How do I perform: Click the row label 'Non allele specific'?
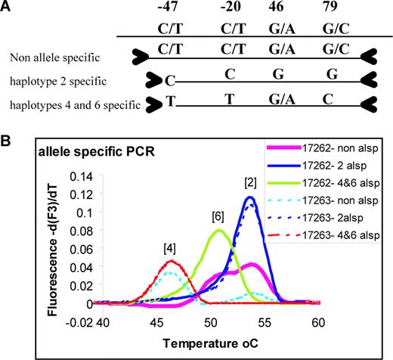pyautogui.click(x=54, y=57)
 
